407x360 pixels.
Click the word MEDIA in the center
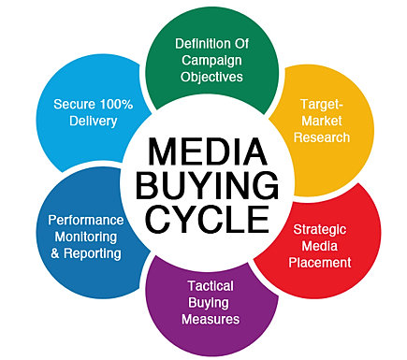coord(208,151)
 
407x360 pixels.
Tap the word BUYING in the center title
coord(208,185)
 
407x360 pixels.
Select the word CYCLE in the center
coord(208,219)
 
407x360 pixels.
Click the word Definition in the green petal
coord(199,44)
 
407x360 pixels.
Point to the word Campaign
coord(211,61)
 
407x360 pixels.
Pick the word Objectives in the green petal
coord(211,77)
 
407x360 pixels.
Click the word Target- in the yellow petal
coord(322,104)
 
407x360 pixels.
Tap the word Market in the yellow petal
coord(322,121)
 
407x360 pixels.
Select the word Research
coord(322,137)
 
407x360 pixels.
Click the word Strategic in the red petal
coord(320,230)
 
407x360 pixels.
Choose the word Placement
coord(320,263)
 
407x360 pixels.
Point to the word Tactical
coord(211,286)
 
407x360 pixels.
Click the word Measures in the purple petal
coord(211,319)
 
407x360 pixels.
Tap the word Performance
coord(86,221)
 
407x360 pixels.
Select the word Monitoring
coord(86,238)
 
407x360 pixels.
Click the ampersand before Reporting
coord(55,253)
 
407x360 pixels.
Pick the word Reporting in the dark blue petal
coord(93,254)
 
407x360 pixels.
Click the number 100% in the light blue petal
coord(116,104)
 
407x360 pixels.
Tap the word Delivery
coord(94,122)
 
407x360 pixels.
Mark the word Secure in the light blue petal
coord(75,104)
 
